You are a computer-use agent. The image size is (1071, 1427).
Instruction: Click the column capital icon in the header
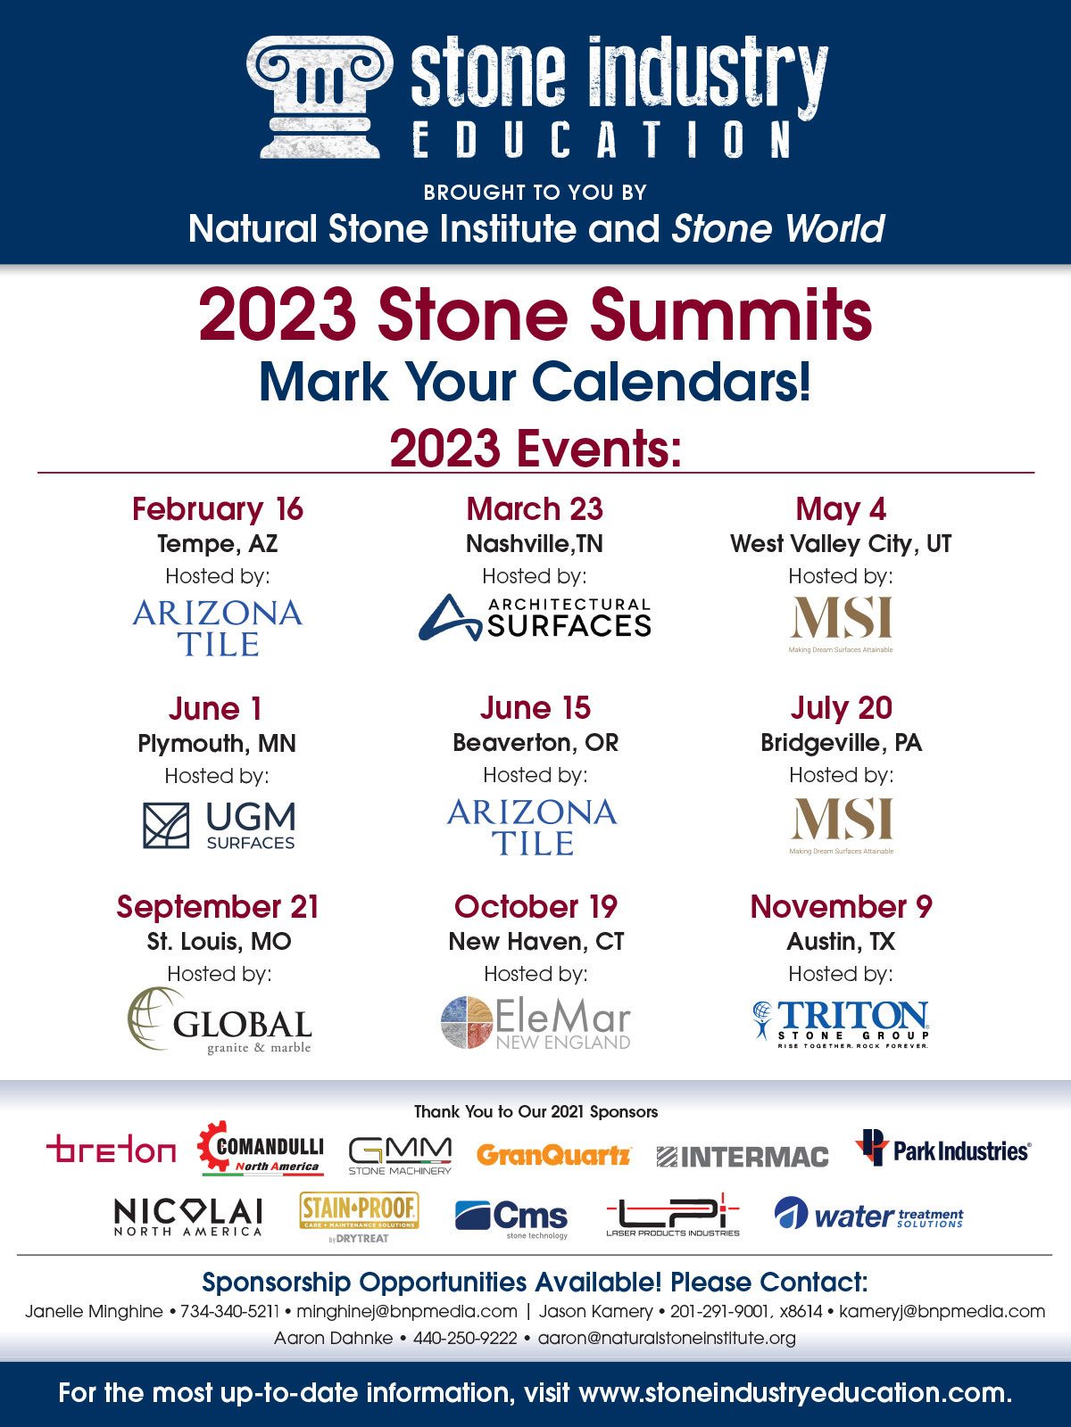(x=319, y=96)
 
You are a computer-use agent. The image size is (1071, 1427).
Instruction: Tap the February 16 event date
(x=218, y=509)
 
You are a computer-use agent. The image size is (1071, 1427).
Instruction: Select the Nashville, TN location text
(x=535, y=543)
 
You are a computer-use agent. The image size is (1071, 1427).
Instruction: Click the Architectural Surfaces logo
(x=535, y=618)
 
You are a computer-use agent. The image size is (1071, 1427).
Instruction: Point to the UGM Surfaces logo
(x=220, y=825)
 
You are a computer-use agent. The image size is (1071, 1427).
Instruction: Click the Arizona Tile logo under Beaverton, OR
(x=533, y=827)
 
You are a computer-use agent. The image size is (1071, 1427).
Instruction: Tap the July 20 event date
(x=841, y=708)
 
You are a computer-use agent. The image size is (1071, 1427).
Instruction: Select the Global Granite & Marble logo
(x=220, y=1021)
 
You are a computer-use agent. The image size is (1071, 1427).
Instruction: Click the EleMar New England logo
(x=535, y=1022)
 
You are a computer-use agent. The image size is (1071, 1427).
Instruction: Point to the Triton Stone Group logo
(x=841, y=1023)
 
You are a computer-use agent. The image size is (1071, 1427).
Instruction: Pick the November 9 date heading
(x=841, y=907)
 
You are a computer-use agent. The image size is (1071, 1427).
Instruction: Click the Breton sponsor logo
(x=111, y=1151)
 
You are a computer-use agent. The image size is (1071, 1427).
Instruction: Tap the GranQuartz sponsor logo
(x=553, y=1156)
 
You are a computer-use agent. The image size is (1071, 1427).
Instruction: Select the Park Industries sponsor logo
(x=942, y=1150)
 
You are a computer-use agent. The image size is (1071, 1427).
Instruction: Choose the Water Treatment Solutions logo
(x=868, y=1216)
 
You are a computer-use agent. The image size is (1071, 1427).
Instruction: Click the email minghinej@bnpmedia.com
(x=406, y=1312)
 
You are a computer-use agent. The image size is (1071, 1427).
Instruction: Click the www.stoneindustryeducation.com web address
(x=794, y=1393)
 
